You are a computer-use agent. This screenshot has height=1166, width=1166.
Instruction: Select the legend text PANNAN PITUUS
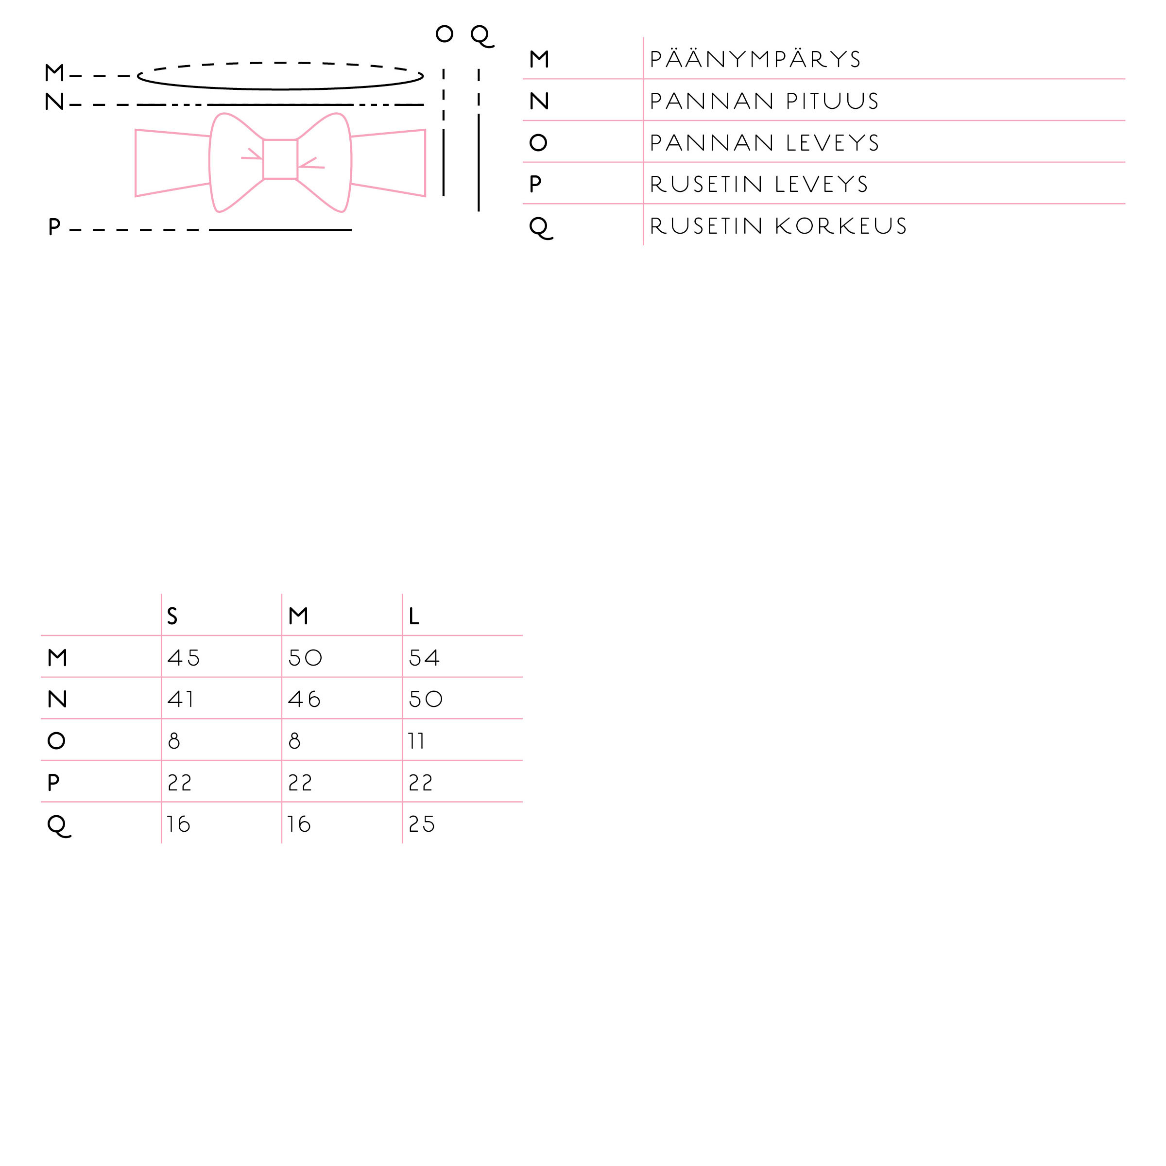764,101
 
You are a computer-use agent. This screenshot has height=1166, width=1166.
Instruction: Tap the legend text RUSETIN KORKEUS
778,226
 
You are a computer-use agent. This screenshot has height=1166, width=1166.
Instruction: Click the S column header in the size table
172,616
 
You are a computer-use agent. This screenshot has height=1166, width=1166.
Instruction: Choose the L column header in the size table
413,616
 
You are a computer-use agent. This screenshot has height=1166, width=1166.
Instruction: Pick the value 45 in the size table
184,657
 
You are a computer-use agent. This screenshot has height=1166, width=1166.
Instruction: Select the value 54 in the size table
424,657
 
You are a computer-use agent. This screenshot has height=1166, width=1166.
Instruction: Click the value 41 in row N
180,699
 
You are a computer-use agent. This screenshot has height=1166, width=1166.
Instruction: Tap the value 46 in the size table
304,699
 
